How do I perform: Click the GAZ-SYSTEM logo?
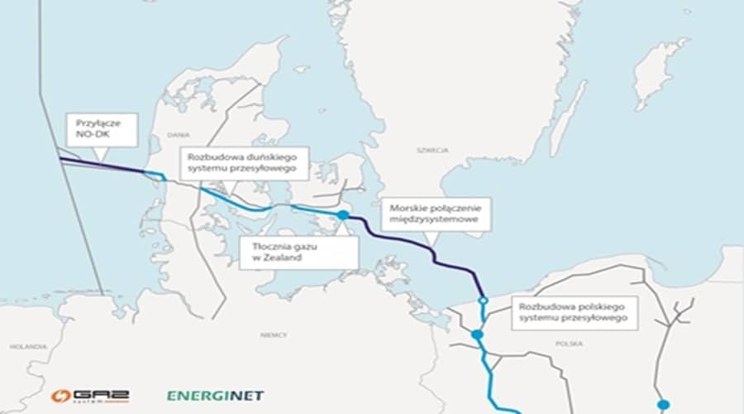(89, 397)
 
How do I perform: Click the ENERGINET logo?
(215, 396)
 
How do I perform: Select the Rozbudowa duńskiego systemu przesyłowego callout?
(244, 163)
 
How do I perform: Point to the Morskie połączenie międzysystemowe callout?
(436, 214)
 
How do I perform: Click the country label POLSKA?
(569, 343)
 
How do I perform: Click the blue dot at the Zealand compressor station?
(343, 215)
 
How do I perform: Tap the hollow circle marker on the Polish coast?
(483, 301)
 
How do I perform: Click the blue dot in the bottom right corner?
(663, 405)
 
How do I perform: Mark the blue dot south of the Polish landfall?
(476, 335)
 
